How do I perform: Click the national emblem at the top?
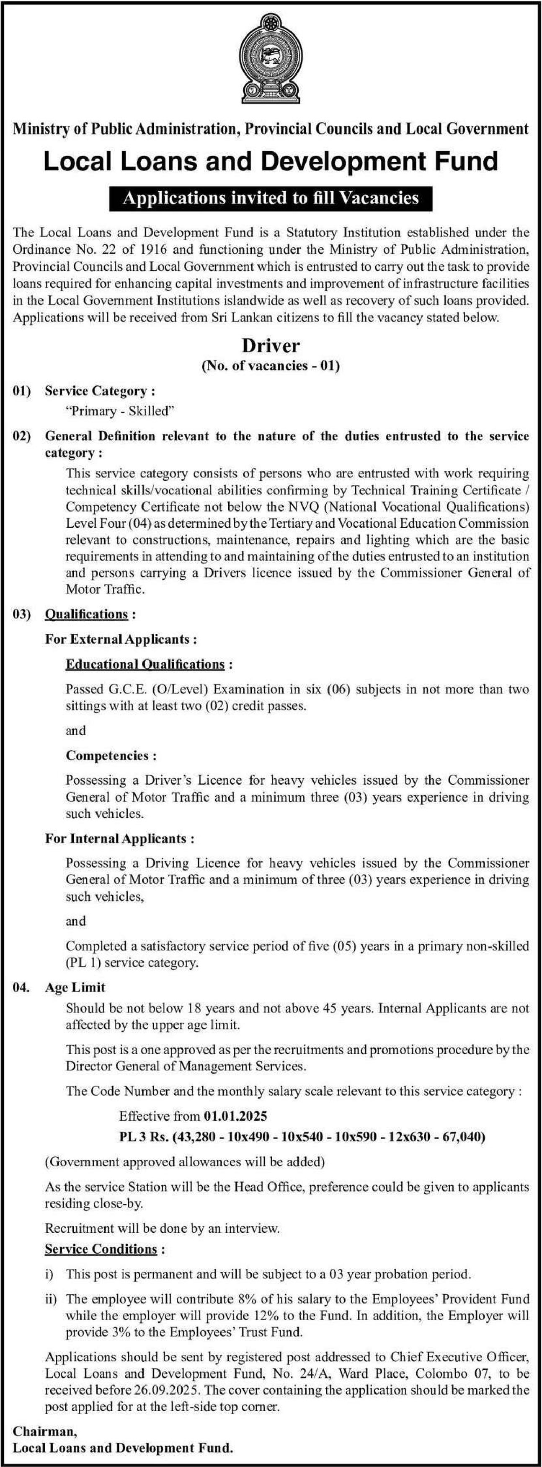point(271,60)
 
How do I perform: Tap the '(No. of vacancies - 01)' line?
point(271,365)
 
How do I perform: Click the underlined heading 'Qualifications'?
point(87,614)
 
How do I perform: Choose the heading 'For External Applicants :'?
point(121,639)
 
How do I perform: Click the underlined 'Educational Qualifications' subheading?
point(146,664)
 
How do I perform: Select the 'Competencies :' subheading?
point(111,755)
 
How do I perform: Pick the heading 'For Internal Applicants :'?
point(119,838)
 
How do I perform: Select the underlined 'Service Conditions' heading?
point(101,1249)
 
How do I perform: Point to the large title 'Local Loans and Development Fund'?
point(271,161)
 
